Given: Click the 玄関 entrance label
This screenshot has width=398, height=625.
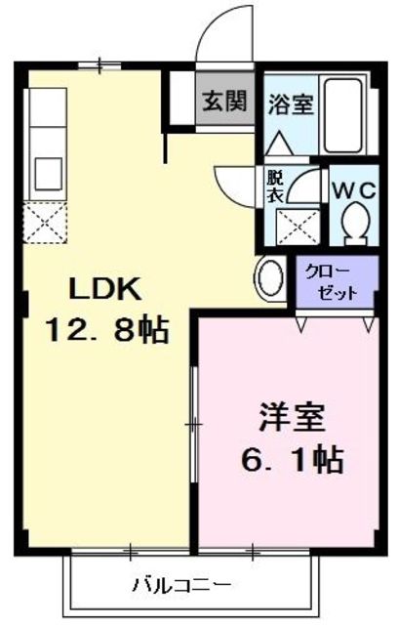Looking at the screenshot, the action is click(x=225, y=102).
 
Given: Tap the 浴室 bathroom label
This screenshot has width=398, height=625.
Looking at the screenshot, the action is click(x=291, y=104).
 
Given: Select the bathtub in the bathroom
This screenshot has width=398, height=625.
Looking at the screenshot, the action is click(x=343, y=115).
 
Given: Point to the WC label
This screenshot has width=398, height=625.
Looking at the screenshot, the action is click(x=354, y=191).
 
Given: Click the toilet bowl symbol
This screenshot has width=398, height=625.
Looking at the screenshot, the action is click(x=356, y=223).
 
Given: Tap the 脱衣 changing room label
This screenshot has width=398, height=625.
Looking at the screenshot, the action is click(x=275, y=187).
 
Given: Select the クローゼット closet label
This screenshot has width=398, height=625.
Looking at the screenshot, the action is click(x=331, y=282).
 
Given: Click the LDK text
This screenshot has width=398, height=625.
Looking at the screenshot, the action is click(x=105, y=289).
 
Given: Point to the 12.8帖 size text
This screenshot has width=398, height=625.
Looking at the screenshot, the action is click(x=107, y=330).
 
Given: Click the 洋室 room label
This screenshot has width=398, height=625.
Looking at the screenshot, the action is click(x=293, y=417).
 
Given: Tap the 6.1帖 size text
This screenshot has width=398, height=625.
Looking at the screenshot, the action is click(x=293, y=460).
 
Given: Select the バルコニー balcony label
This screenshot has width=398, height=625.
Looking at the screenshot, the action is click(x=182, y=585).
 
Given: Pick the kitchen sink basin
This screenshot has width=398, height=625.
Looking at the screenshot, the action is click(x=49, y=174).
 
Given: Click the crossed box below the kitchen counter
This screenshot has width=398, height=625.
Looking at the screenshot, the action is click(x=45, y=222).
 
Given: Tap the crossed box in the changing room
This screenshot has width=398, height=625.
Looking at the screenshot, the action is click(x=298, y=228).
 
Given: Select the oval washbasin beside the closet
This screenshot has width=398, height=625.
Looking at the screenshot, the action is click(x=270, y=277).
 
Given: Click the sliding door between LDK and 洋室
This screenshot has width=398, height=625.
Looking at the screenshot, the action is click(x=194, y=424).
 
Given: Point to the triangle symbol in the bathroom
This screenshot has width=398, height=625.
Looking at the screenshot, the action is click(x=279, y=143).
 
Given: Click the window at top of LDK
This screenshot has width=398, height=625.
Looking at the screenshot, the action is click(x=99, y=66).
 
